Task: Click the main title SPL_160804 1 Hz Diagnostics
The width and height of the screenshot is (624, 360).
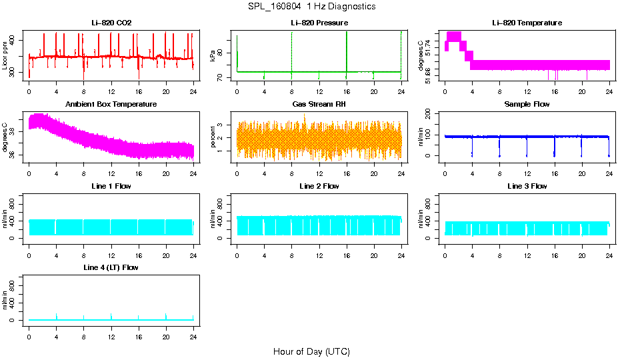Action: tap(311, 7)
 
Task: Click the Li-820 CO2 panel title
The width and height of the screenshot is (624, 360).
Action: tap(111, 23)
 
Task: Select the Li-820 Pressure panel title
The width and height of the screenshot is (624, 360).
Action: tap(319, 23)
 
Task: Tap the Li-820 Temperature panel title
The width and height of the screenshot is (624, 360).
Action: tap(527, 23)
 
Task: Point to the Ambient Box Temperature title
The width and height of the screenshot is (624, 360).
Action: tap(111, 104)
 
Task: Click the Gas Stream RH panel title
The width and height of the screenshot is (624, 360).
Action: tap(319, 104)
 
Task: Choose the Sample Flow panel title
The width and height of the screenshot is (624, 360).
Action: tap(527, 104)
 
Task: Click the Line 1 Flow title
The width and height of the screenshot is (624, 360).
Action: tap(111, 186)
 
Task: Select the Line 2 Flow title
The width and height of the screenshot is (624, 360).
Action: tap(319, 186)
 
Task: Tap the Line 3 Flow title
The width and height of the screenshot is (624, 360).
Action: tap(527, 186)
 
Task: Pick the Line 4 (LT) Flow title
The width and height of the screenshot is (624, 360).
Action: tap(111, 267)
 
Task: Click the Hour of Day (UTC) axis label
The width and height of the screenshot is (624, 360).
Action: tap(311, 351)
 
